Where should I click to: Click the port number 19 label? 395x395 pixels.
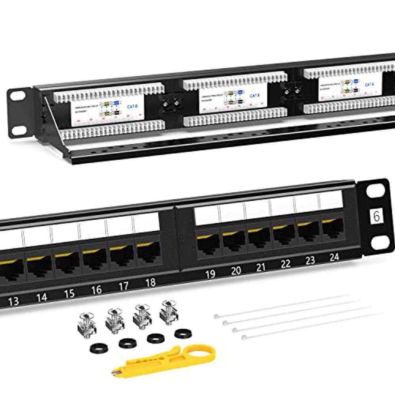[x=211, y=274]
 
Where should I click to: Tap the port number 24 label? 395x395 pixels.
[x=334, y=258]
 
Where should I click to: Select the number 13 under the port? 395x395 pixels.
[x=13, y=301]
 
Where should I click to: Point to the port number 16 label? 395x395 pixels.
[x=96, y=290]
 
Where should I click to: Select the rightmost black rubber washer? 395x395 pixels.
[x=181, y=333]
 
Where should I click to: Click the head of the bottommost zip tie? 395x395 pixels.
[x=244, y=338]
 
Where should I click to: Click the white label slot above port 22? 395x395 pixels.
[x=282, y=207]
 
